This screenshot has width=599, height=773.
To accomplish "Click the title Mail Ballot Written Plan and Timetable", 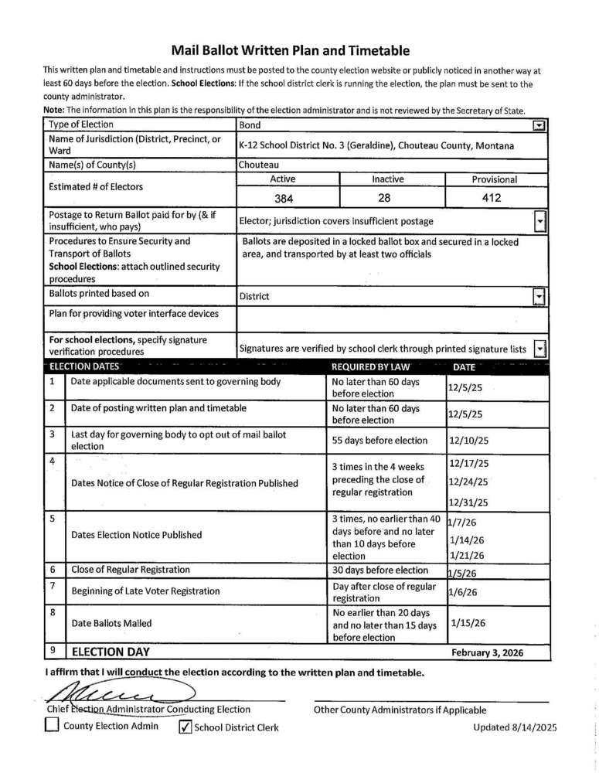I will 290,51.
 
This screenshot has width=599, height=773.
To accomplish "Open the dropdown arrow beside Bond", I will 540,125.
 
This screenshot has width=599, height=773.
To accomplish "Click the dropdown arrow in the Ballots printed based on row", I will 540,296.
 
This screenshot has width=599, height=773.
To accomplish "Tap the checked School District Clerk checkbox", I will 185,727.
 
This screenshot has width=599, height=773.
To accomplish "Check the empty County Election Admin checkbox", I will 52,726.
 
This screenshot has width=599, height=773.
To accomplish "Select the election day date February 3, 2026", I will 487,652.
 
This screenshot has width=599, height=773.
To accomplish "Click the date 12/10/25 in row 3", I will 468,441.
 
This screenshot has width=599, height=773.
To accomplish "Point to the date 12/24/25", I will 468,483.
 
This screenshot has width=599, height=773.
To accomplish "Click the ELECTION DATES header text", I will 84,367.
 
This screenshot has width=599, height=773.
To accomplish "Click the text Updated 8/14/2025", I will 514,727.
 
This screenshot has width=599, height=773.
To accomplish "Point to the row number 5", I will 53,519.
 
